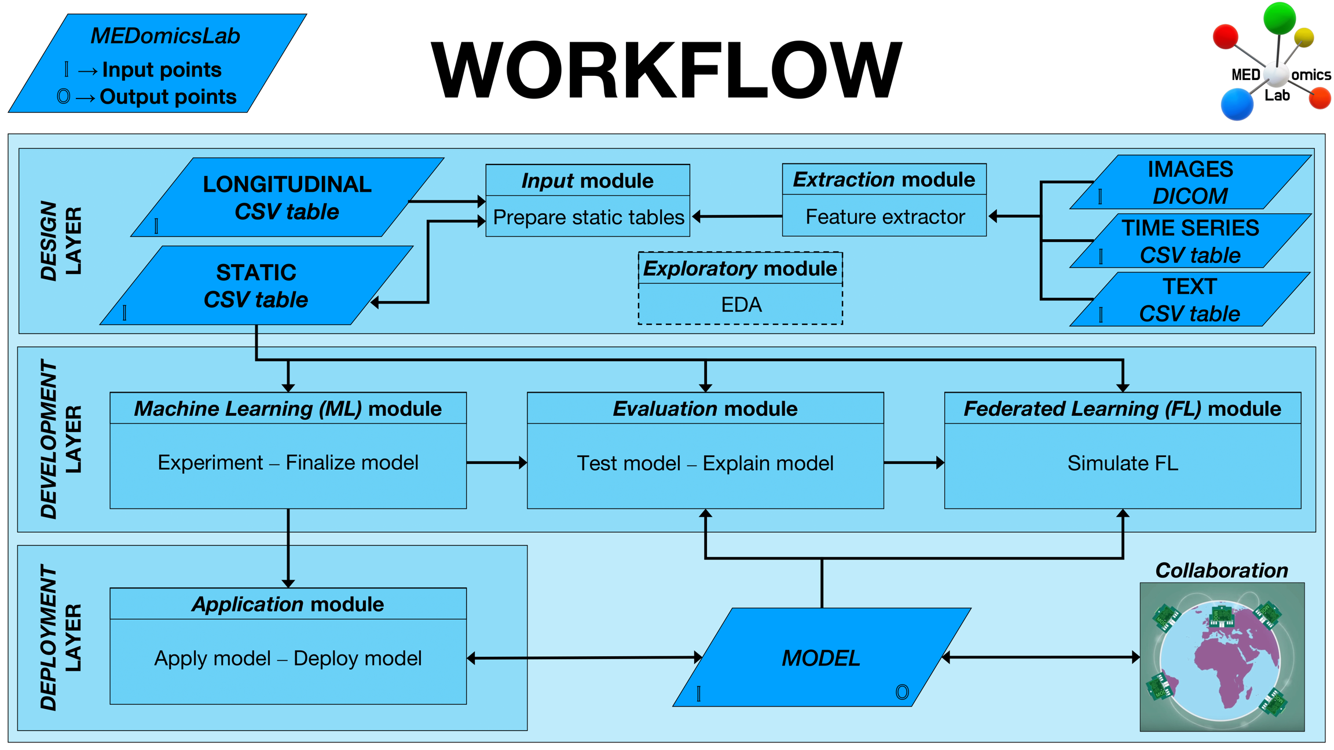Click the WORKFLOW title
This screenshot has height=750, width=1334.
point(666,71)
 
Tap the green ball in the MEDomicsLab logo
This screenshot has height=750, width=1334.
point(1279,17)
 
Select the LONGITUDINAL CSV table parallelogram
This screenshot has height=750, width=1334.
point(287,197)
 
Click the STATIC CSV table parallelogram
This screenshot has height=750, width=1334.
point(256,286)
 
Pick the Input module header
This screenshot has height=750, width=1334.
point(587,181)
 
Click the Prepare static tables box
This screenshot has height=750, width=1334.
point(588,217)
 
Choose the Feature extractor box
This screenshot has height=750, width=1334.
point(884,217)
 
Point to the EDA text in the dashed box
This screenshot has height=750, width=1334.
point(741,305)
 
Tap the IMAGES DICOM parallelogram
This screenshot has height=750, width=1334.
point(1190,182)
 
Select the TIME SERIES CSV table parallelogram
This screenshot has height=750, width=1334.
point(1190,241)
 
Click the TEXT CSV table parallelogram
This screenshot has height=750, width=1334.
point(1190,300)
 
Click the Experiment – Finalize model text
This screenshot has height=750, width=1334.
point(288,463)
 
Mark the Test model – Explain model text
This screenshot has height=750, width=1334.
point(705,463)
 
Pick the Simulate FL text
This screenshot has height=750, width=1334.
point(1122,463)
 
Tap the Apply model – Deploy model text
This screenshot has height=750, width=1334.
point(288,658)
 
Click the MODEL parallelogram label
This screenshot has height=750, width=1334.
point(820,658)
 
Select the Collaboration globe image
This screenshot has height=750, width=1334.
point(1222,657)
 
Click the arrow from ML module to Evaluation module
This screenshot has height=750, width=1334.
point(496,463)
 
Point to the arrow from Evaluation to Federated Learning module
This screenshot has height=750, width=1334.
point(914,463)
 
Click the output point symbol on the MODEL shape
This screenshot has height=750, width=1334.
point(901,692)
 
